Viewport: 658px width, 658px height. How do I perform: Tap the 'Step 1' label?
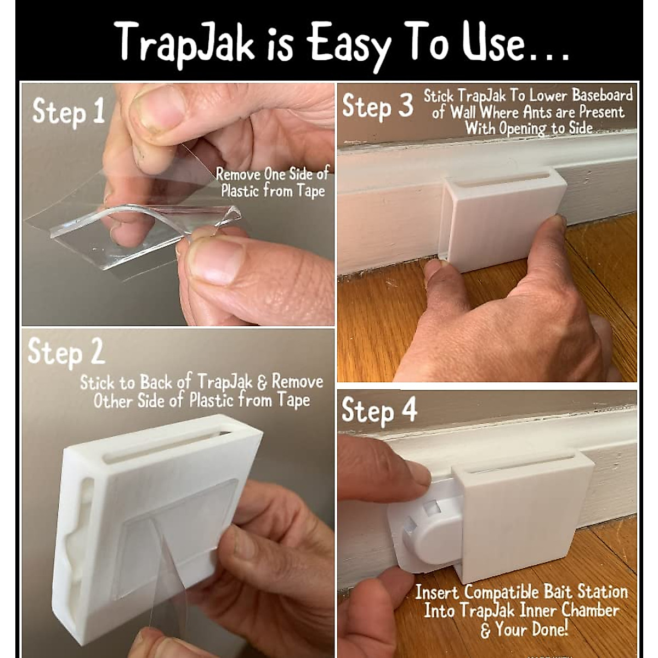pos(69,112)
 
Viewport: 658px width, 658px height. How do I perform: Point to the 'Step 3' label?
pos(377,106)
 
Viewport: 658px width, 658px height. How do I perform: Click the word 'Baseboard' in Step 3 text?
pos(602,95)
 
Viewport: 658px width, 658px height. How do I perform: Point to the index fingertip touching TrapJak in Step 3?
pos(555,222)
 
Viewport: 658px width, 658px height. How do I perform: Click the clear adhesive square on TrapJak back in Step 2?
pos(175,526)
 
